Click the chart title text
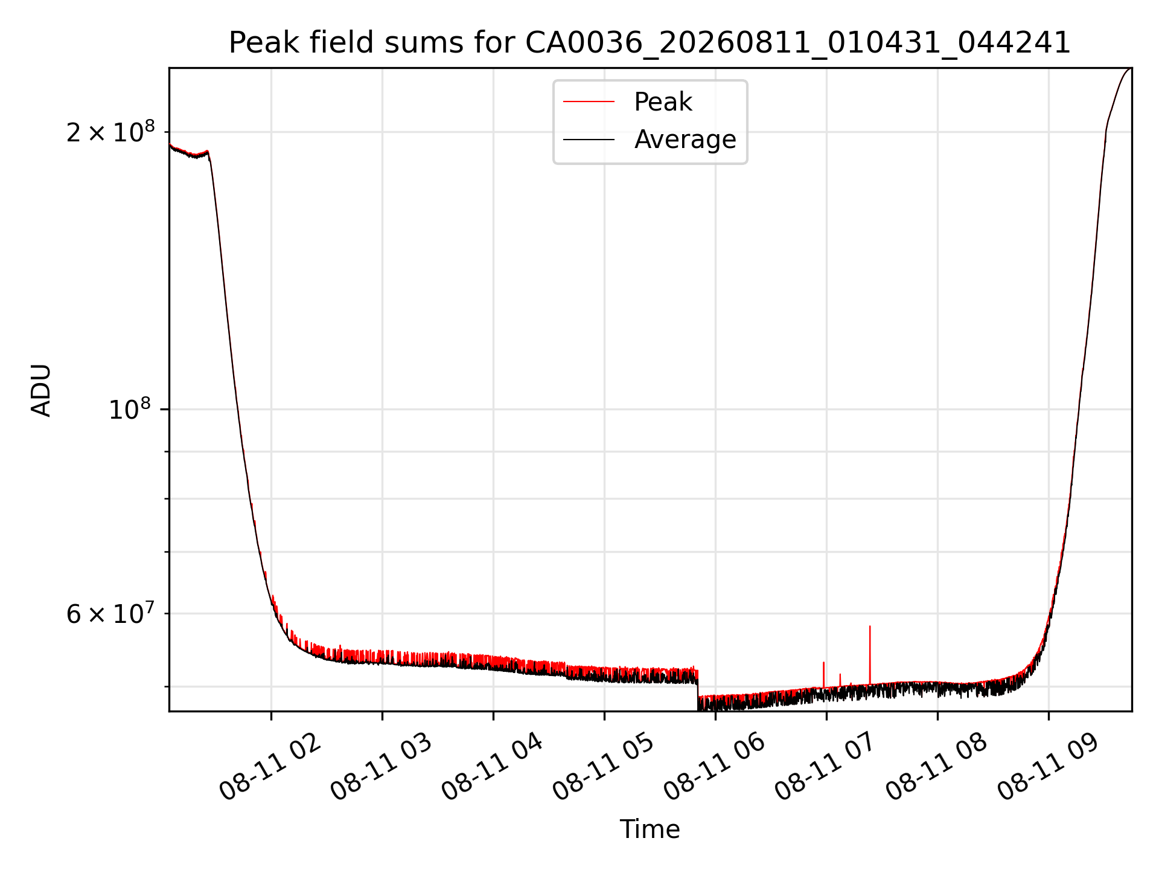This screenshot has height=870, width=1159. [x=650, y=43]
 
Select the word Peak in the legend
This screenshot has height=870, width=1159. [x=663, y=101]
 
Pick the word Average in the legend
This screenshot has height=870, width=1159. [x=685, y=140]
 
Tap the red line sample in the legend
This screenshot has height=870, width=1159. [x=589, y=101]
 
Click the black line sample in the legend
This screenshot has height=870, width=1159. [x=589, y=140]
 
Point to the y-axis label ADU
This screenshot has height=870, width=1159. [x=41, y=390]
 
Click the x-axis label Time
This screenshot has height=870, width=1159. [x=650, y=830]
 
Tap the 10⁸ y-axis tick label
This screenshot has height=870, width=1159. [x=129, y=409]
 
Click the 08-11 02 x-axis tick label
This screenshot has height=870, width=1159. [x=270, y=767]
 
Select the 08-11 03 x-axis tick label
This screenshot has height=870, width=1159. [x=381, y=767]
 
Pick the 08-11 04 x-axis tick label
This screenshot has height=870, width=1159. [x=492, y=767]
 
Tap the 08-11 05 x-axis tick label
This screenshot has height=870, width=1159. [x=603, y=767]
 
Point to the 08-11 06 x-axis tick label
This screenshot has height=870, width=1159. [x=714, y=767]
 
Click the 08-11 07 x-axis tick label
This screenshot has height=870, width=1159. [x=825, y=767]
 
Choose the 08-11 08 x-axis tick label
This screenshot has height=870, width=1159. [x=936, y=767]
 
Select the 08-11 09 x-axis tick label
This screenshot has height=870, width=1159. [x=1047, y=767]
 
